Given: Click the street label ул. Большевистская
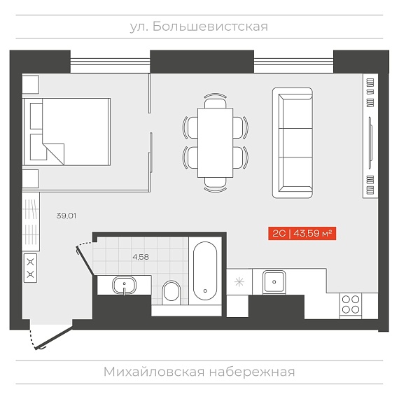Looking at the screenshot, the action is pyautogui.click(x=199, y=27).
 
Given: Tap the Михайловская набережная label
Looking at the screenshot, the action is pyautogui.click(x=199, y=372).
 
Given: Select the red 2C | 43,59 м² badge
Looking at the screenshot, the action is pyautogui.click(x=302, y=233).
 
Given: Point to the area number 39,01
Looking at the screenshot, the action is pyautogui.click(x=66, y=216).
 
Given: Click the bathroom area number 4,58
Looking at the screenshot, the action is pyautogui.click(x=141, y=257).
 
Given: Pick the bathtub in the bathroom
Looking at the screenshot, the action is pyautogui.click(x=205, y=270).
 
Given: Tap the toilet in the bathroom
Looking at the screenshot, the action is pyautogui.click(x=171, y=292).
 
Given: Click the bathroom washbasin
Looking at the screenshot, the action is pyautogui.click(x=124, y=286).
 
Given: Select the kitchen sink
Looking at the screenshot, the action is pyautogui.click(x=274, y=281).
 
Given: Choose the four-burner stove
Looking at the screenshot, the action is pyautogui.click(x=351, y=304).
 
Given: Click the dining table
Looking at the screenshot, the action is pyautogui.click(x=216, y=143).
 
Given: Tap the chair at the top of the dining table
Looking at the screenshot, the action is pyautogui.click(x=216, y=101).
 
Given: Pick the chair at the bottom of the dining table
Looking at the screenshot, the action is pyautogui.click(x=216, y=185).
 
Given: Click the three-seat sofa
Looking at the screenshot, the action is pyautogui.click(x=293, y=143).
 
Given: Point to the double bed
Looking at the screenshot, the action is pyautogui.click(x=67, y=132).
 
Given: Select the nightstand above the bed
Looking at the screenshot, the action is pyautogui.click(x=31, y=84).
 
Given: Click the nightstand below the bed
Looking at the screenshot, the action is pyautogui.click(x=31, y=179).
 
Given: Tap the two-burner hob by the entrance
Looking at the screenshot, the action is pyautogui.click(x=31, y=268).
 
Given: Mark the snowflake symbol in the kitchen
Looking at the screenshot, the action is pyautogui.click(x=239, y=282).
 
